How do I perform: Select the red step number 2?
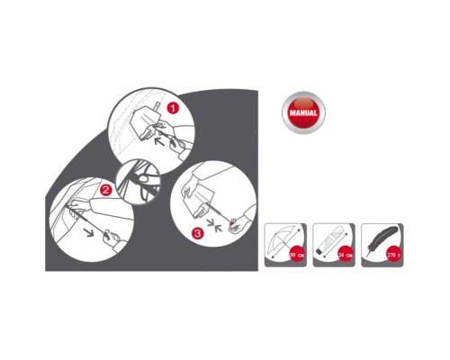point(106,190)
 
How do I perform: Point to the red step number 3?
point(197,232)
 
